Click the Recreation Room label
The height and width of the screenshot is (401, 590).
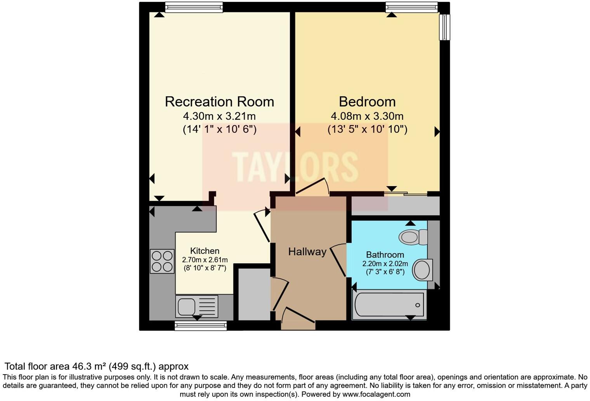point(219,102)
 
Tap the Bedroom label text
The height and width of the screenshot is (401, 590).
point(367,102)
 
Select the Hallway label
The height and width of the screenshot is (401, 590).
point(307,252)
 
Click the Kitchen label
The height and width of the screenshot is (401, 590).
point(205,251)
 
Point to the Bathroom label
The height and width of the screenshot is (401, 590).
point(385,255)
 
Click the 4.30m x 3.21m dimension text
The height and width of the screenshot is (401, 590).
point(219,116)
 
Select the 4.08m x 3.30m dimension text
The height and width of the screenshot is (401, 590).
point(367,116)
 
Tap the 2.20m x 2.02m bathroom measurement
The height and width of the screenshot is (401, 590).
point(385,263)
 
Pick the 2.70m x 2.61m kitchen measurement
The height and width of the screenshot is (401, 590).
point(205,260)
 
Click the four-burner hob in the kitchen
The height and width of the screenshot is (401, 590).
point(162,261)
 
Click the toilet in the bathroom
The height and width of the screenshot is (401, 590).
point(413,237)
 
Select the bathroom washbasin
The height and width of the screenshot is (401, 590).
point(422,269)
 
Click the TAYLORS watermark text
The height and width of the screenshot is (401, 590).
point(295,167)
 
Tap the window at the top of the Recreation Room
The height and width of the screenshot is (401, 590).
point(194,7)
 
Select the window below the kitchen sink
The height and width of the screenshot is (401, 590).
point(201,326)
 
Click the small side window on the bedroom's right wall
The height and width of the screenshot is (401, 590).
point(444,27)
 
